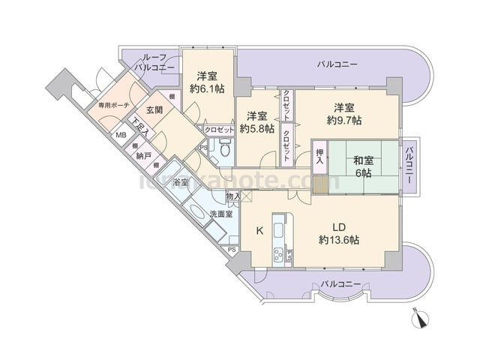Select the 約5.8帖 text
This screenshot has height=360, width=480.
pyautogui.click(x=256, y=128)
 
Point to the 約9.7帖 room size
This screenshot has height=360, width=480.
pyautogui.click(x=344, y=120)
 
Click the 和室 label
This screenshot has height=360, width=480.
pyautogui.click(x=364, y=159)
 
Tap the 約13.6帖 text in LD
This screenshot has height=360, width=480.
pyautogui.click(x=338, y=240)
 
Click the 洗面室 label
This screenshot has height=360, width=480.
pyautogui.click(x=220, y=214)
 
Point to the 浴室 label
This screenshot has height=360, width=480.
pyautogui.click(x=181, y=183)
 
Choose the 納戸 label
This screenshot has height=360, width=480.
pyautogui.click(x=143, y=156)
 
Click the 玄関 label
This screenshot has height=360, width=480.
pyautogui.click(x=154, y=109)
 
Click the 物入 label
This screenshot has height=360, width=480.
pyautogui.click(x=232, y=196)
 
